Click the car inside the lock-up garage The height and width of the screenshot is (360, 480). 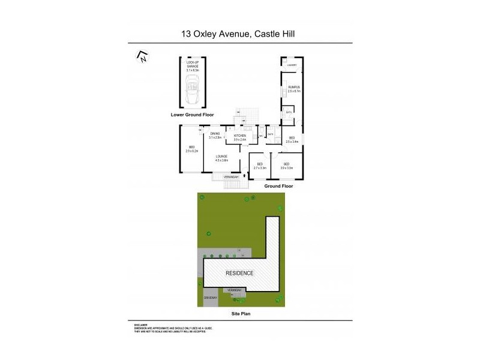point(193,89)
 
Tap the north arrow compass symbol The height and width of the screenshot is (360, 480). point(142,57)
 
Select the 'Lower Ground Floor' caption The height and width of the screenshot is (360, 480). point(192,115)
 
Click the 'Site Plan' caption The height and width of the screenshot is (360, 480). point(239,314)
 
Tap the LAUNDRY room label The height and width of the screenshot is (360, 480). point(292,65)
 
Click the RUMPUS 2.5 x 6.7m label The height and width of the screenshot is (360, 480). point(293,89)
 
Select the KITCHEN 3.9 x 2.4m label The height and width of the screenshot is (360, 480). point(240,138)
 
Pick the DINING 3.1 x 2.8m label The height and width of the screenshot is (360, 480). point(215,136)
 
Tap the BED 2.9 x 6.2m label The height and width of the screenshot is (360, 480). point(191,149)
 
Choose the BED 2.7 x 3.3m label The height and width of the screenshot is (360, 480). point(260,166)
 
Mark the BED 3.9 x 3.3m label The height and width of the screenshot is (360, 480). point(286,166)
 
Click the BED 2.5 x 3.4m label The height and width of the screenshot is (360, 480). point(292,140)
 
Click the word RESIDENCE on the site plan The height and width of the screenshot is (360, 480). point(239,273)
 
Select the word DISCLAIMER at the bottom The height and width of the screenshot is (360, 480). point(141,325)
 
